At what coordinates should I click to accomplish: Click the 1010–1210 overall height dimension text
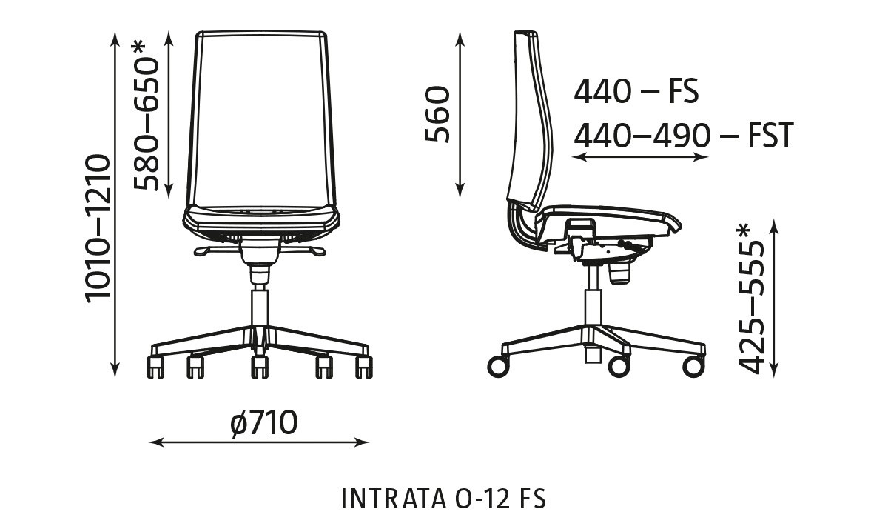point(98,227)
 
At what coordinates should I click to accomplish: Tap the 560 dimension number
point(437,113)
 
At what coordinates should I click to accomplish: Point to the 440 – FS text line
point(636,92)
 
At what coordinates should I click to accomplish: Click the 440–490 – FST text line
point(683,136)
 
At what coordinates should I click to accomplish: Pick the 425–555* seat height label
point(752,299)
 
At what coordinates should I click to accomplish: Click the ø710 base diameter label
point(263,424)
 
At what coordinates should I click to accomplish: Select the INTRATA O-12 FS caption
point(443,499)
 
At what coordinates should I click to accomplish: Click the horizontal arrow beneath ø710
point(259,442)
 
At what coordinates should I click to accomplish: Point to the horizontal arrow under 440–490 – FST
point(641,157)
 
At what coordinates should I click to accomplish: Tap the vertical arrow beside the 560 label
point(460,115)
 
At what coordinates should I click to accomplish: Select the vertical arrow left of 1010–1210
point(115,204)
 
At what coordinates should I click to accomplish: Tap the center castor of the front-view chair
point(258,365)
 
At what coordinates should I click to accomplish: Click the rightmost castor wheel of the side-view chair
point(693,365)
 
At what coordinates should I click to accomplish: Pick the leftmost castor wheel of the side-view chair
point(498,365)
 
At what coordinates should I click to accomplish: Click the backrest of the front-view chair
point(260,119)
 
